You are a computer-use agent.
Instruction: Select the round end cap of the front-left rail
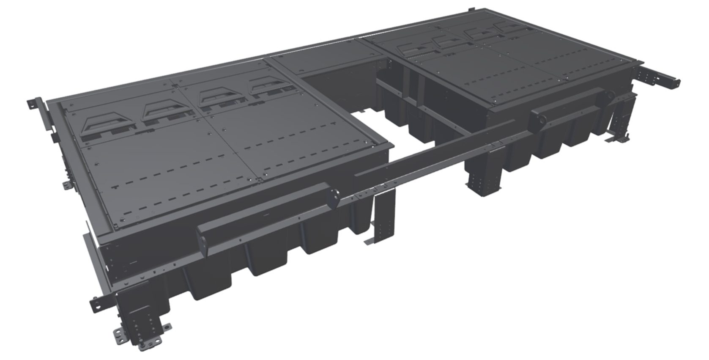point(334,197)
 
